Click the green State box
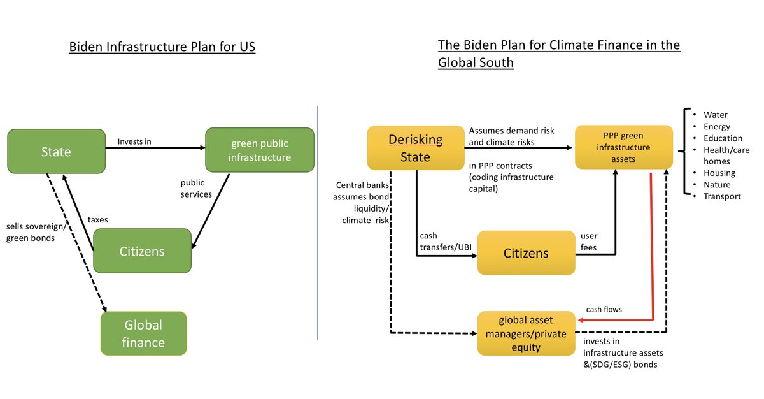pyautogui.click(x=56, y=151)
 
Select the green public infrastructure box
pyautogui.click(x=260, y=150)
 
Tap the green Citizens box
pyautogui.click(x=142, y=251)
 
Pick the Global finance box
pyautogui.click(x=144, y=333)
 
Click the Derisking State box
pyautogui.click(x=416, y=148)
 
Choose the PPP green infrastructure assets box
pyautogui.click(x=624, y=147)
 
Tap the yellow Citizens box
pyautogui.click(x=527, y=253)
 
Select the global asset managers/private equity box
pyautogui.click(x=527, y=333)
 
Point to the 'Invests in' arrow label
pyautogui.click(x=134, y=141)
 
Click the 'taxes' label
pyautogui.click(x=98, y=219)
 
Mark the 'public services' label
pyautogui.click(x=196, y=189)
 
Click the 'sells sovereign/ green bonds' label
pyautogui.click(x=36, y=232)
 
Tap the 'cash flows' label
pyautogui.click(x=604, y=310)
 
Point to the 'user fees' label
pyautogui.click(x=589, y=242)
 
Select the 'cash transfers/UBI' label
pyautogui.click(x=446, y=242)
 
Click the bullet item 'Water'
pyautogui.click(x=715, y=115)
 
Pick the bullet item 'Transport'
pyautogui.click(x=722, y=196)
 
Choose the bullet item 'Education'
pyautogui.click(x=723, y=138)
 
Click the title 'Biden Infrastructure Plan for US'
pyautogui.click(x=162, y=47)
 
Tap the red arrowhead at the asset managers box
pyautogui.click(x=581, y=320)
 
